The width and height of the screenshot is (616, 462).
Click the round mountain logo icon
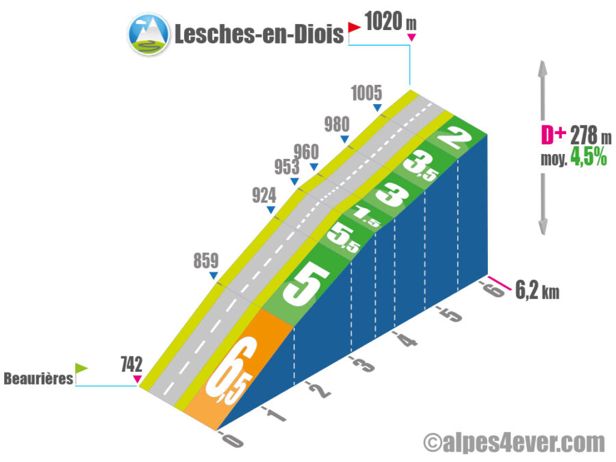tap(149, 34)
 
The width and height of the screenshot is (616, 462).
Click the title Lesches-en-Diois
tap(258, 34)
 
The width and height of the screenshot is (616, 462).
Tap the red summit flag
tap(354, 27)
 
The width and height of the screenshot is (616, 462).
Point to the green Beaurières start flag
tap(81, 368)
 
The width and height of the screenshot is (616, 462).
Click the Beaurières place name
tap(38, 378)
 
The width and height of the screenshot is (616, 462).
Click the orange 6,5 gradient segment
tap(229, 376)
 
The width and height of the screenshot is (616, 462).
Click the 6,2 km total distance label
tap(537, 290)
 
